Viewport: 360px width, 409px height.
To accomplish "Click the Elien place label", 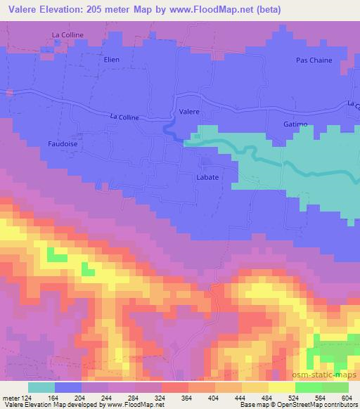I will pyautogui.click(x=112, y=60).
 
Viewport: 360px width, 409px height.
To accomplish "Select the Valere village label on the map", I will pyautogui.click(x=189, y=112).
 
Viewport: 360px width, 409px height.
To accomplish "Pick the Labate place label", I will pyautogui.click(x=207, y=178).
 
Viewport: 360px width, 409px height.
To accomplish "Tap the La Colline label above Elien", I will pyautogui.click(x=67, y=34).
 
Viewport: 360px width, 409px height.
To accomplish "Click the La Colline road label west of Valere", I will pyautogui.click(x=124, y=117).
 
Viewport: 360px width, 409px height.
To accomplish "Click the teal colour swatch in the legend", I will pyautogui.click(x=41, y=387).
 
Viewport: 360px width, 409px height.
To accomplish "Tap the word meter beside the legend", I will pyautogui.click(x=11, y=397).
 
